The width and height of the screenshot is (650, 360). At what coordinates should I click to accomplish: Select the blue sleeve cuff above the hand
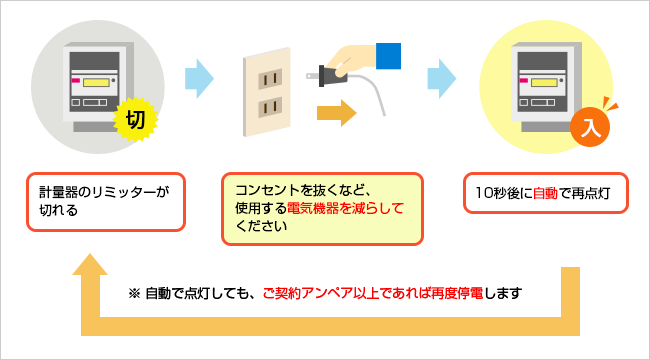(389, 56)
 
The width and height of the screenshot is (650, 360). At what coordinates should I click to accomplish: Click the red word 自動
(545, 192)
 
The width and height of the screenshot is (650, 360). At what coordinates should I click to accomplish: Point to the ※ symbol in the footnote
(134, 294)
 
